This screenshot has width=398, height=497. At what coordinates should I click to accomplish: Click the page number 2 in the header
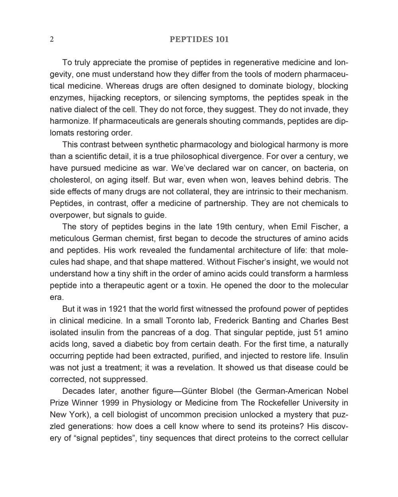pos(52,39)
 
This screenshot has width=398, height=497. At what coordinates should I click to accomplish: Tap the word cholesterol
pos(70,180)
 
